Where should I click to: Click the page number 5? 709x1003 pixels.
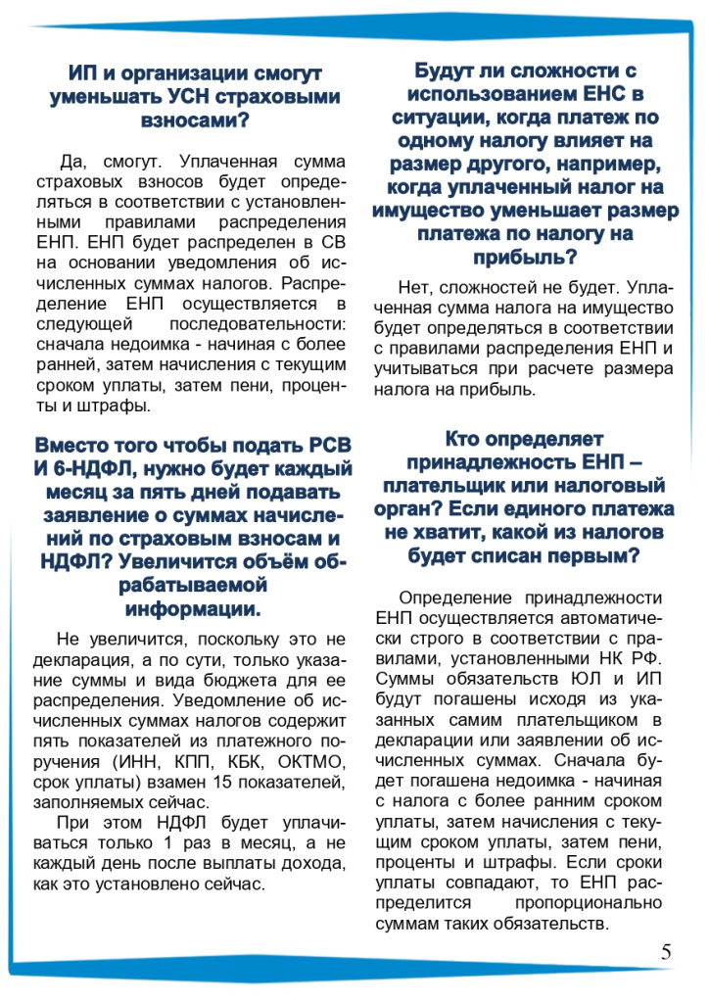666,951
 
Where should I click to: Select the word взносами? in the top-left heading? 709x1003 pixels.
195,120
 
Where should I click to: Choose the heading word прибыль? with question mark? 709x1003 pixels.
524,258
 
